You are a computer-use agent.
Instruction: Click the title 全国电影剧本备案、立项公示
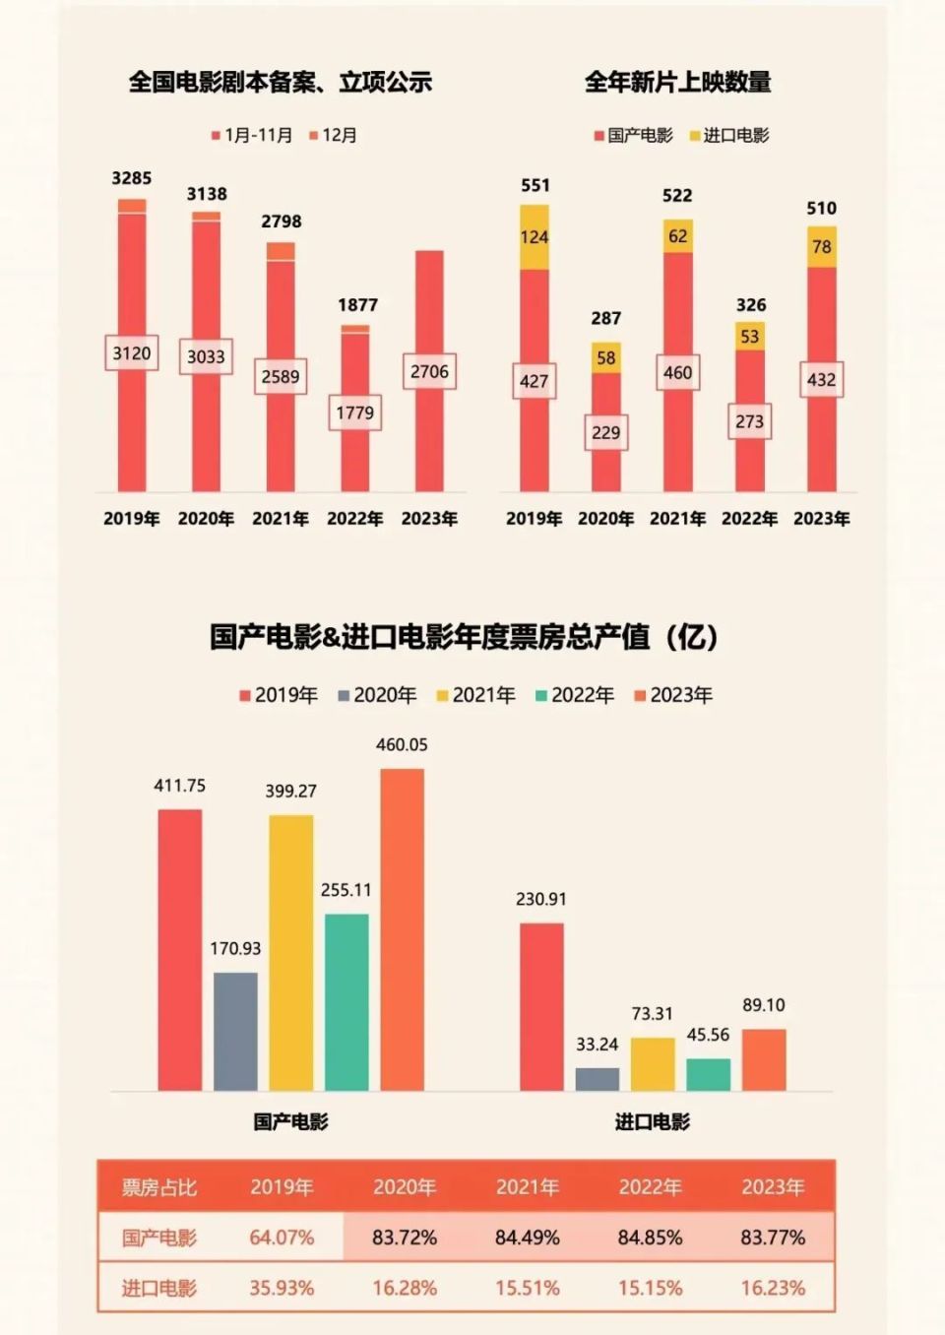pos(281,83)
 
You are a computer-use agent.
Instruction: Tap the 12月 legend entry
pos(334,136)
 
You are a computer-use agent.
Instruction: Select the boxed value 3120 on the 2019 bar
pos(132,353)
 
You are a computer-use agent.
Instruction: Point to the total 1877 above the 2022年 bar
pos(357,305)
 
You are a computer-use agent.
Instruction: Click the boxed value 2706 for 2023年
pos(429,371)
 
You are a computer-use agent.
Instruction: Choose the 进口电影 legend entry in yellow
pos(729,136)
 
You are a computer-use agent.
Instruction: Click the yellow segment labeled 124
pos(535,237)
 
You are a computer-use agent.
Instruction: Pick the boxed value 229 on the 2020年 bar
pos(606,432)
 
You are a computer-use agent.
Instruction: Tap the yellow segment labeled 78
pos(822,247)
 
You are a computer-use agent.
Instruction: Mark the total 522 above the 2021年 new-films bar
pos(677,196)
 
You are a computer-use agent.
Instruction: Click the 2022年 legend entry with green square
pos(575,696)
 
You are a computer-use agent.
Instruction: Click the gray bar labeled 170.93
pos(235,1031)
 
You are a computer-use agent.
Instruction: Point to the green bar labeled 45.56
pos(709,1074)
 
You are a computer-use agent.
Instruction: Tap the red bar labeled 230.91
pos(541,1006)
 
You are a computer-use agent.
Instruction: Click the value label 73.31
pos(653,1014)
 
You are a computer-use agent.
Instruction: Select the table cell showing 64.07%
pos(282,1238)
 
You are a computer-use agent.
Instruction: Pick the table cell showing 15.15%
pos(650,1288)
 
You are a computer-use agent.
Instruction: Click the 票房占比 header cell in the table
pos(158,1187)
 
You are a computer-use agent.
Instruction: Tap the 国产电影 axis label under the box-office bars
pos(290,1121)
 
